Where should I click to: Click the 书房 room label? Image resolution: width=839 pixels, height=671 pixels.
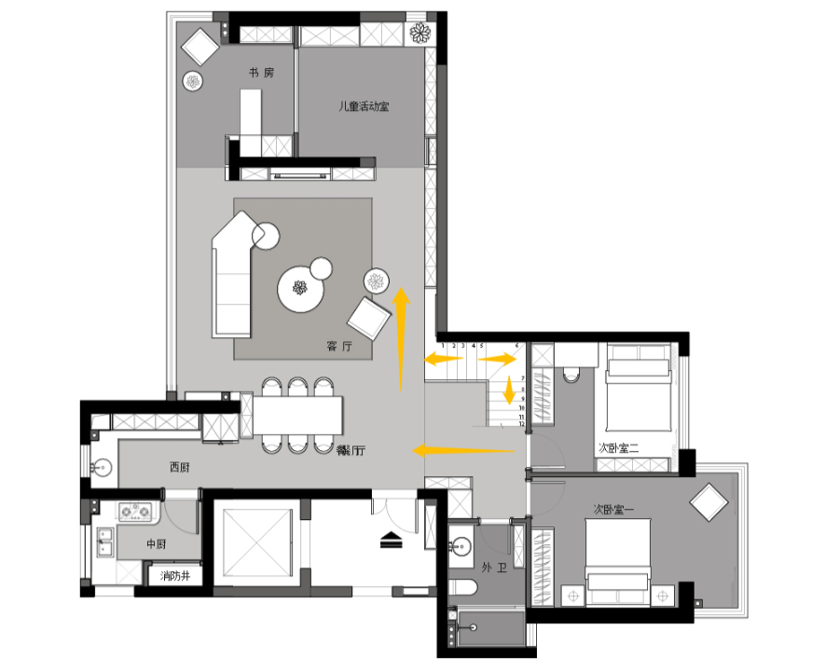click(261, 73)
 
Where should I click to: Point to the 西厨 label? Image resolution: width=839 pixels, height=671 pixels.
click(180, 467)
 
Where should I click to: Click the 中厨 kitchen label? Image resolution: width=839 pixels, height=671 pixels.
click(156, 542)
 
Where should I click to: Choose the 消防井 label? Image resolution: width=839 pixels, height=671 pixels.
click(175, 577)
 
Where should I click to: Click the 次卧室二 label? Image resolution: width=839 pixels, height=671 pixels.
click(618, 447)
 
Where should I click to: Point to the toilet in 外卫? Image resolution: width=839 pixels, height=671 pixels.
click(462, 587)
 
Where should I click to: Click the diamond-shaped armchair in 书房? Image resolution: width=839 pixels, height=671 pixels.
click(199, 45)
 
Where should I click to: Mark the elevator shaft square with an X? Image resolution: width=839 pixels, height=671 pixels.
click(254, 541)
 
